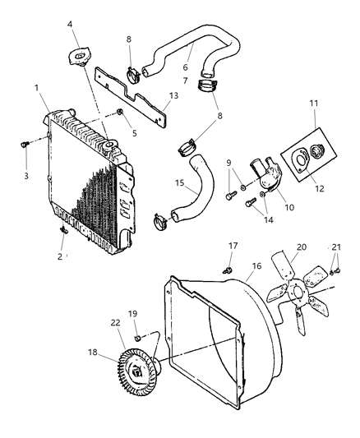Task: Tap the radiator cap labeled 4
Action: [x=77, y=58]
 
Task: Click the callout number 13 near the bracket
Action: [x=172, y=95]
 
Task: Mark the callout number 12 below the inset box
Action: [x=318, y=188]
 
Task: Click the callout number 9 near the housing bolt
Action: [x=228, y=162]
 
